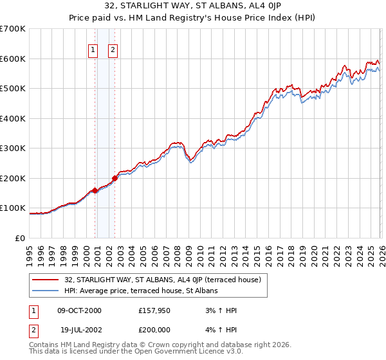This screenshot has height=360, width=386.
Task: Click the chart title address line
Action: click(192, 7)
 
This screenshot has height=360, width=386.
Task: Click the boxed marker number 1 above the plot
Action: click(93, 50)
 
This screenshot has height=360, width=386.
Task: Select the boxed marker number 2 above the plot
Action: click(113, 50)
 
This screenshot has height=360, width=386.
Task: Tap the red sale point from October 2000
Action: click(95, 190)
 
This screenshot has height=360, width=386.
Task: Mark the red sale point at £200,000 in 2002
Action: click(115, 178)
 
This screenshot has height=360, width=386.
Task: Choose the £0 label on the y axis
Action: click(19, 238)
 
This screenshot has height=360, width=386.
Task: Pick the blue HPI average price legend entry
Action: click(141, 291)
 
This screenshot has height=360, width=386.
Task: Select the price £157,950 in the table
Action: click(154, 310)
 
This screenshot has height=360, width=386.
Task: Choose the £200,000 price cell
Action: click(154, 330)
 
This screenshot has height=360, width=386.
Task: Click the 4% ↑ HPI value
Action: click(221, 330)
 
